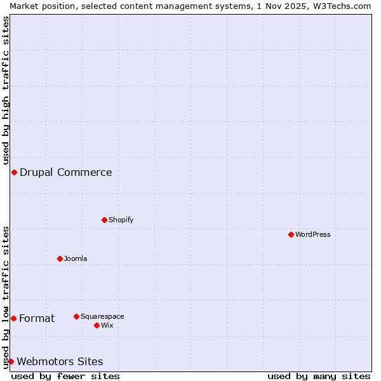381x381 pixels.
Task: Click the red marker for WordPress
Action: click(x=291, y=234)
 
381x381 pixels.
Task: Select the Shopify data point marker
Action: click(x=104, y=220)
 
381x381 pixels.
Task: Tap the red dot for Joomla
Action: click(x=60, y=258)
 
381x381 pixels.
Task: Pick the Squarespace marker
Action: click(x=76, y=316)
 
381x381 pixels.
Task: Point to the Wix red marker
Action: click(x=97, y=325)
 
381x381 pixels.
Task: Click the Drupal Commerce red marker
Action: click(x=14, y=172)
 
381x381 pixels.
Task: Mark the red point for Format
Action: click(x=13, y=318)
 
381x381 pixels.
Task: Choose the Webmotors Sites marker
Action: click(x=11, y=361)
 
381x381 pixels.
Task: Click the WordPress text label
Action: click(x=313, y=234)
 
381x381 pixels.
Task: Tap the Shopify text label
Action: click(x=121, y=220)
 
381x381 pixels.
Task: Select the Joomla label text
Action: click(x=76, y=258)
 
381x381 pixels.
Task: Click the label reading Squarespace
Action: click(x=102, y=316)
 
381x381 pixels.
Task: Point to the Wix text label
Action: click(x=107, y=325)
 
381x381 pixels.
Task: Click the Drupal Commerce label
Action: click(x=66, y=172)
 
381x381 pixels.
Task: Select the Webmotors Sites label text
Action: click(x=60, y=361)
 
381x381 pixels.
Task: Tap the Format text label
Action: click(x=37, y=318)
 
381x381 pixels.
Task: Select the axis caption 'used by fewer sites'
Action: click(x=65, y=376)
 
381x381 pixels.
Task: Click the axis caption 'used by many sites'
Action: click(x=319, y=376)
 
